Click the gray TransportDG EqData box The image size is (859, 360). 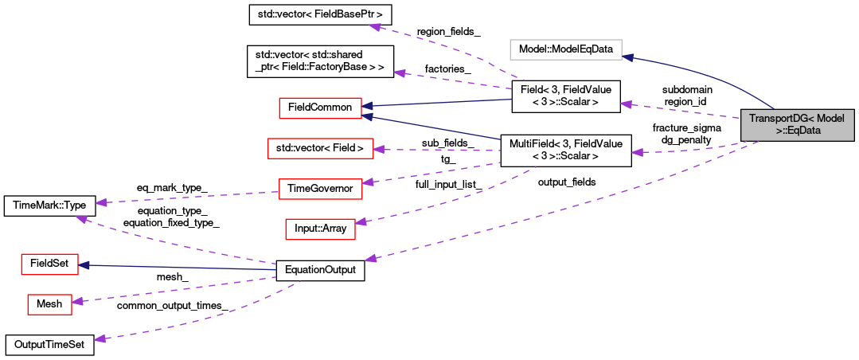click(x=797, y=125)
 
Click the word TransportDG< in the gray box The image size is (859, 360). click(x=774, y=118)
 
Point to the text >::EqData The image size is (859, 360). click(x=798, y=131)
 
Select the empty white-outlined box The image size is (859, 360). click(x=565, y=49)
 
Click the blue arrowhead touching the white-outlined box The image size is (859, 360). click(x=628, y=57)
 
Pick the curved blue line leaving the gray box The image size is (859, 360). click(x=716, y=80)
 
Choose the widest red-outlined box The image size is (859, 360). click(x=320, y=148)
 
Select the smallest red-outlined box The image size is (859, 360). click(x=49, y=304)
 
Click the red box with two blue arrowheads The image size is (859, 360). click(x=320, y=108)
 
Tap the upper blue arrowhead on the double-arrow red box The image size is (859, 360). click(x=368, y=106)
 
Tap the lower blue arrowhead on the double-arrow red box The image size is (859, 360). click(x=368, y=116)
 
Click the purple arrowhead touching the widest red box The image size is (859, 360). click(x=379, y=149)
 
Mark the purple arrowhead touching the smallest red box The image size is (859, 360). click(x=77, y=300)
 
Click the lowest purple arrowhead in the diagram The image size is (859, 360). click(x=100, y=338)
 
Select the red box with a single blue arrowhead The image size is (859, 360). click(x=49, y=264)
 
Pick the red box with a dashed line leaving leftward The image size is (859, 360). click(x=320, y=189)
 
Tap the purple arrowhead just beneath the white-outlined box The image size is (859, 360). click(x=627, y=104)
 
